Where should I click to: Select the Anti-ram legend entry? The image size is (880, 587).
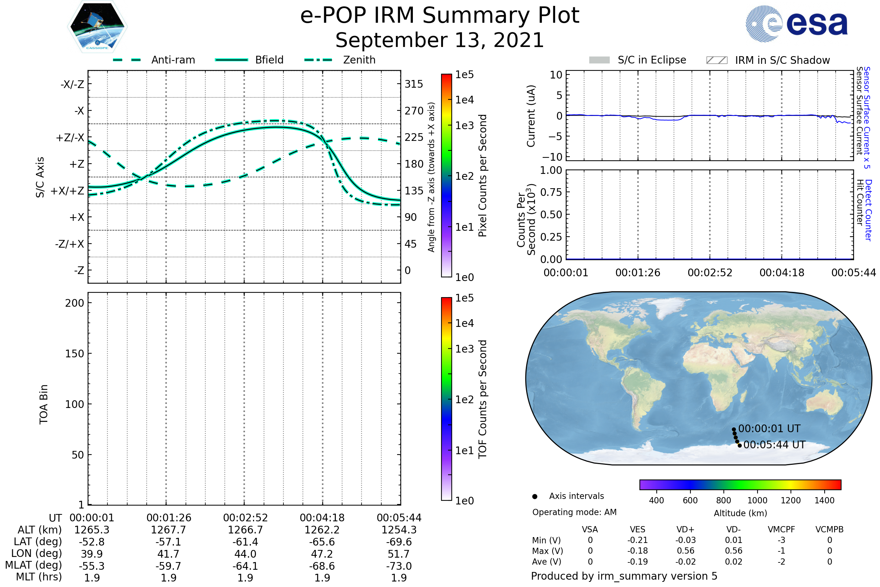(173, 60)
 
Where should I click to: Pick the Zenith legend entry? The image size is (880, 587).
(359, 60)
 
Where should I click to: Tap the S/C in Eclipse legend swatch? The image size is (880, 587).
(599, 60)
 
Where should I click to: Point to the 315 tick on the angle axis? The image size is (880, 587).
(414, 84)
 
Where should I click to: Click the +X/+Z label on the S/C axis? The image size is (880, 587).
(67, 191)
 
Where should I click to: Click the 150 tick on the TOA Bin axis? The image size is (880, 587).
(74, 353)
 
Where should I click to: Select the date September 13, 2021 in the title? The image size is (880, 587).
(440, 40)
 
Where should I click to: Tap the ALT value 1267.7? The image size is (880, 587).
(168, 530)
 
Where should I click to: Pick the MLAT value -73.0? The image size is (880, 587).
(399, 566)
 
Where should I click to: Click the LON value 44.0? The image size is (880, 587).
(245, 554)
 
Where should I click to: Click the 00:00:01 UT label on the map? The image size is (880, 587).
(769, 428)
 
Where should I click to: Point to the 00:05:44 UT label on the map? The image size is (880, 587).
(774, 445)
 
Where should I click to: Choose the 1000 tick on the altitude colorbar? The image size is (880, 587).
(757, 500)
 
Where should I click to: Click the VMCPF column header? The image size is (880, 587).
(781, 529)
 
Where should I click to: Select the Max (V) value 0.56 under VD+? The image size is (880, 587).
(685, 551)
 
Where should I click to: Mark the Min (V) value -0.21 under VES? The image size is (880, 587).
(638, 540)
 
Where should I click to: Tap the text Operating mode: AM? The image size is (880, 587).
(574, 512)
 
